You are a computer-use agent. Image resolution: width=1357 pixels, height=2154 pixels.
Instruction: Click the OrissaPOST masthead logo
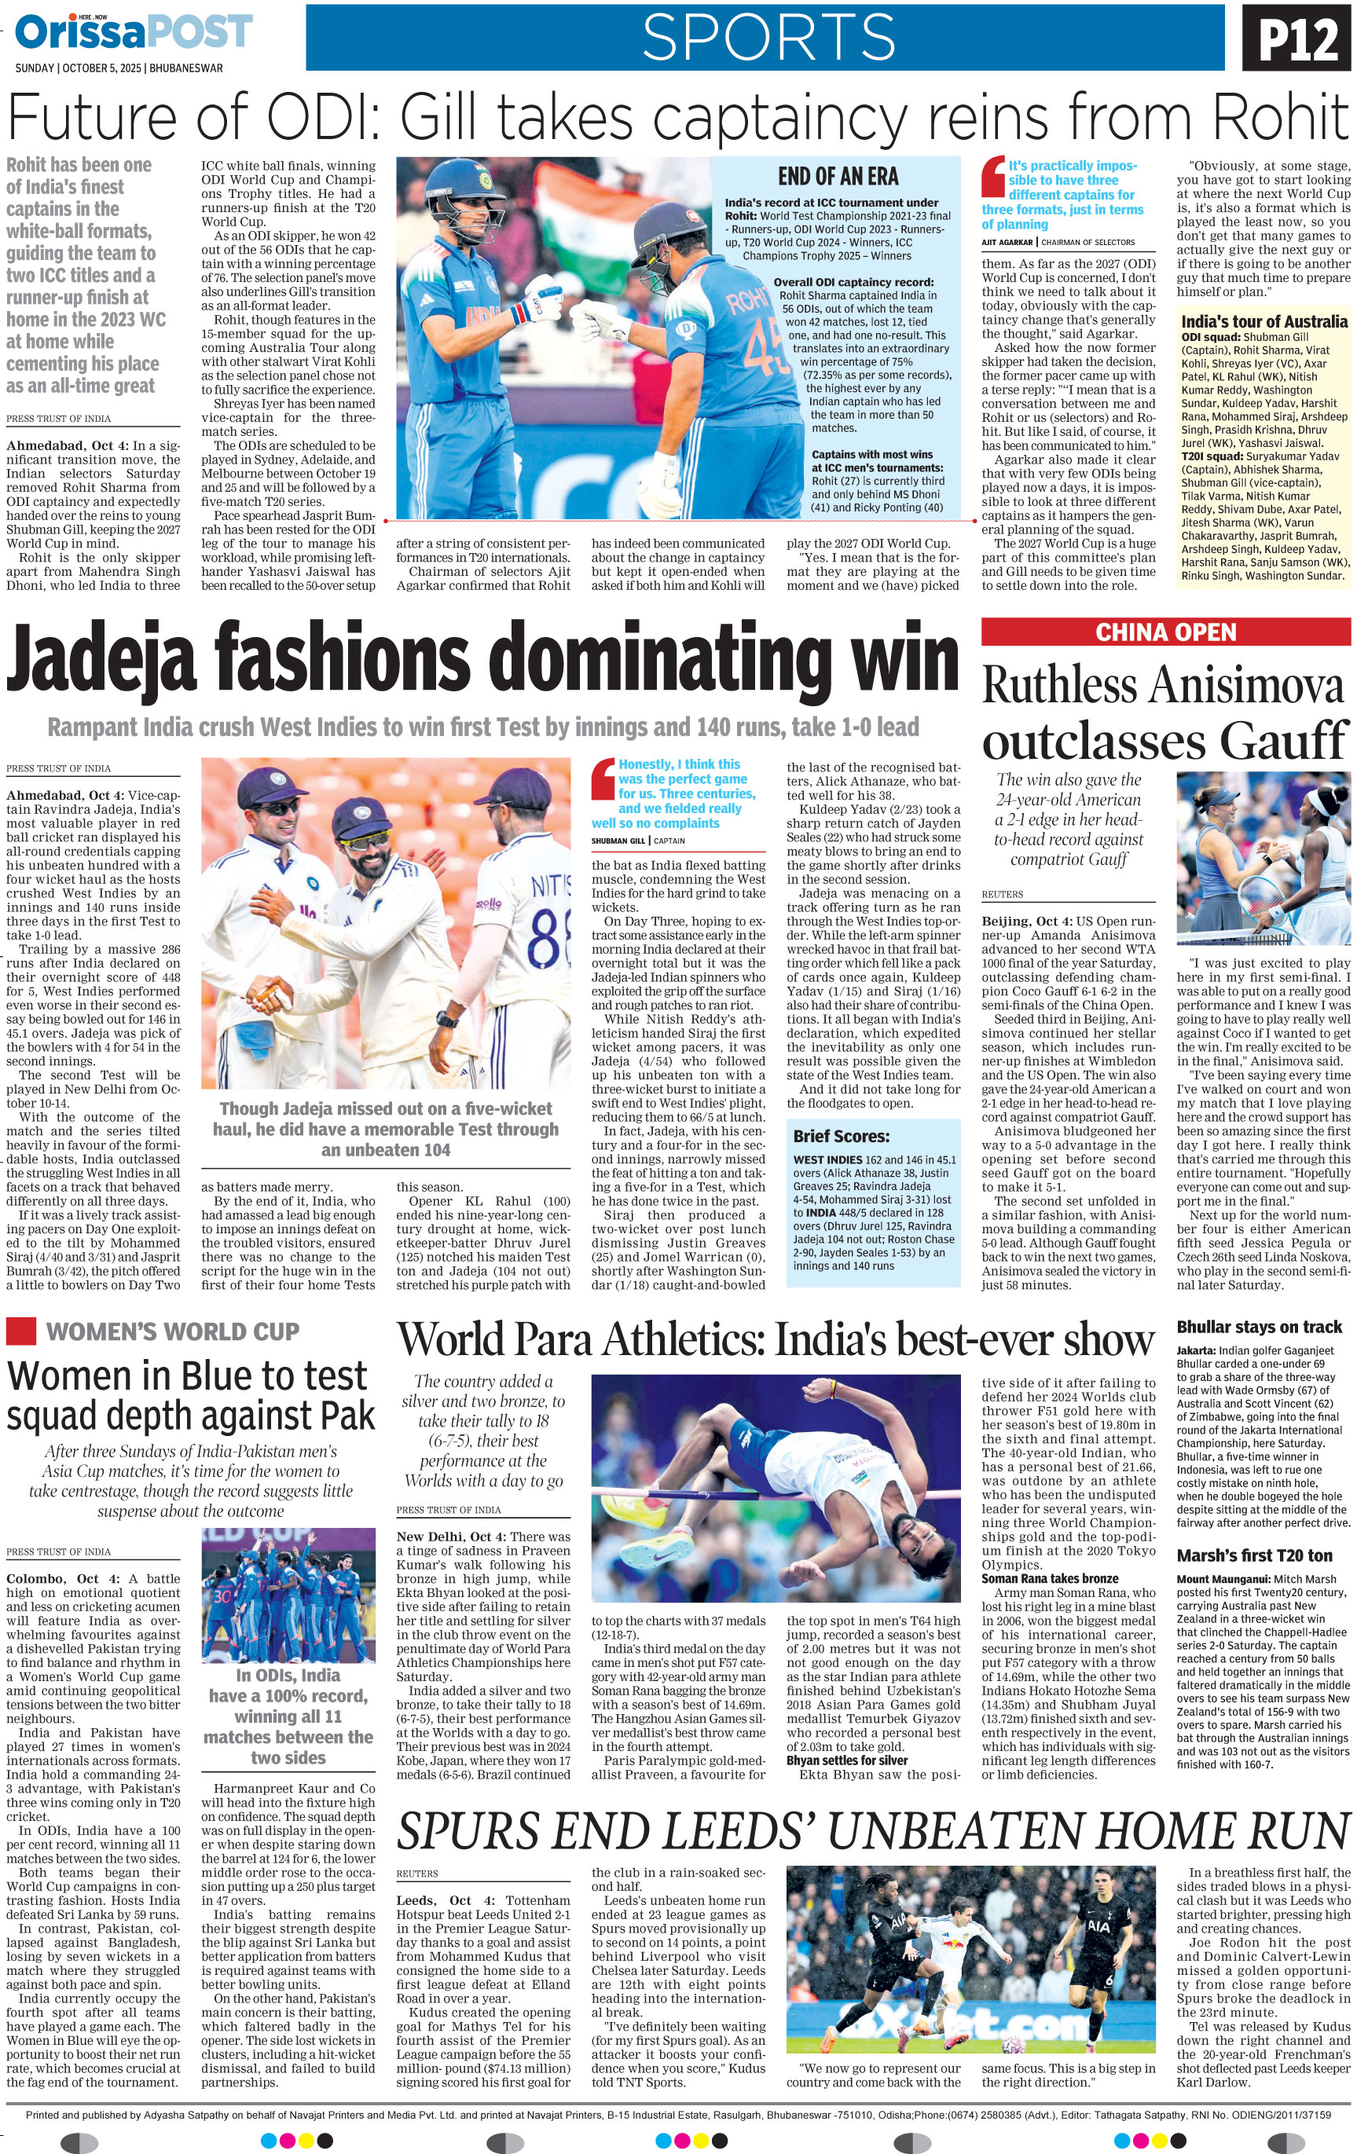point(134,33)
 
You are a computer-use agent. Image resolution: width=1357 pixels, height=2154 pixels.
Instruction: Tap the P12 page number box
point(1297,39)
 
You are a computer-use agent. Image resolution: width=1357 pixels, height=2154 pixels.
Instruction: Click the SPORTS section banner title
point(768,38)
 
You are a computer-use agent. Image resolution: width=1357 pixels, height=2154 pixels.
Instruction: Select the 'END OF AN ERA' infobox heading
point(838,176)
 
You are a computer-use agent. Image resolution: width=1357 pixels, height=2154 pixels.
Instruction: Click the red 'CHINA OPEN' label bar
point(1165,632)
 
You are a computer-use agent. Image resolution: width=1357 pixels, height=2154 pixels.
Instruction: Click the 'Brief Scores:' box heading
point(841,1137)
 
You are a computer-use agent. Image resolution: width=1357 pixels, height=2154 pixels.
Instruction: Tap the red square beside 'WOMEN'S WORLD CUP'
point(20,1331)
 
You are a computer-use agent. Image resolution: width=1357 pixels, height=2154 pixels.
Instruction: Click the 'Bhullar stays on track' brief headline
point(1259,1328)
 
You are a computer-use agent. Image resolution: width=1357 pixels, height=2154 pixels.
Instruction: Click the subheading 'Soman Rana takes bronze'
point(1049,1579)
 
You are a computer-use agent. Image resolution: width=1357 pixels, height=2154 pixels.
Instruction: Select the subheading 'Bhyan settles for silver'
point(846,1760)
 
